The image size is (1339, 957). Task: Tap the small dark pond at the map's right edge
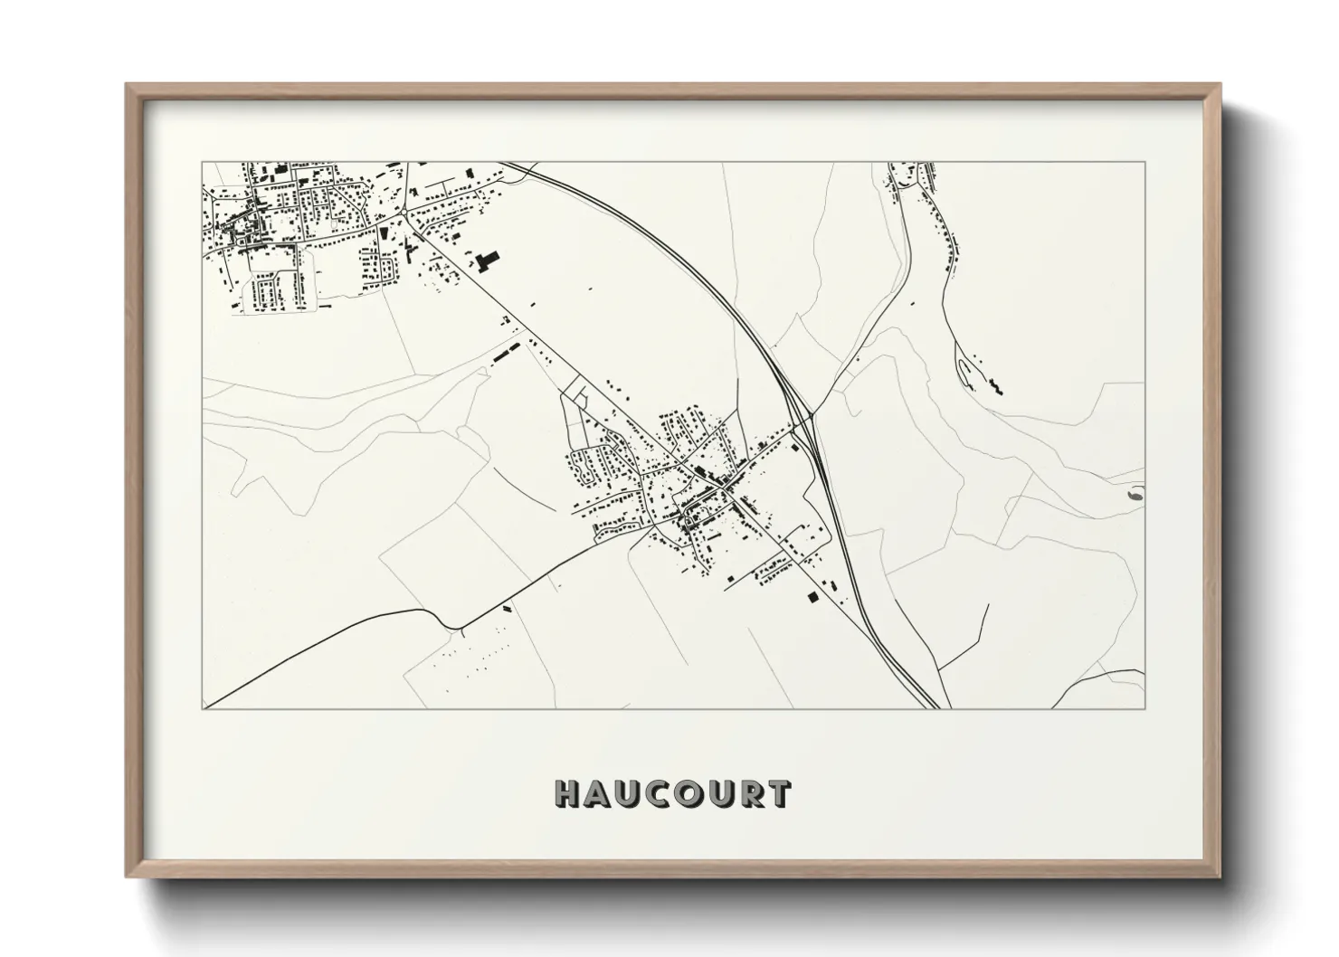click(x=1135, y=495)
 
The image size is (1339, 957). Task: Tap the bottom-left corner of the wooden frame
click(x=128, y=875)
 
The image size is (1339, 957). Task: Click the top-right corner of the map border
click(x=1144, y=162)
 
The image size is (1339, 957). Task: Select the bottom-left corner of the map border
click(x=203, y=708)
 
